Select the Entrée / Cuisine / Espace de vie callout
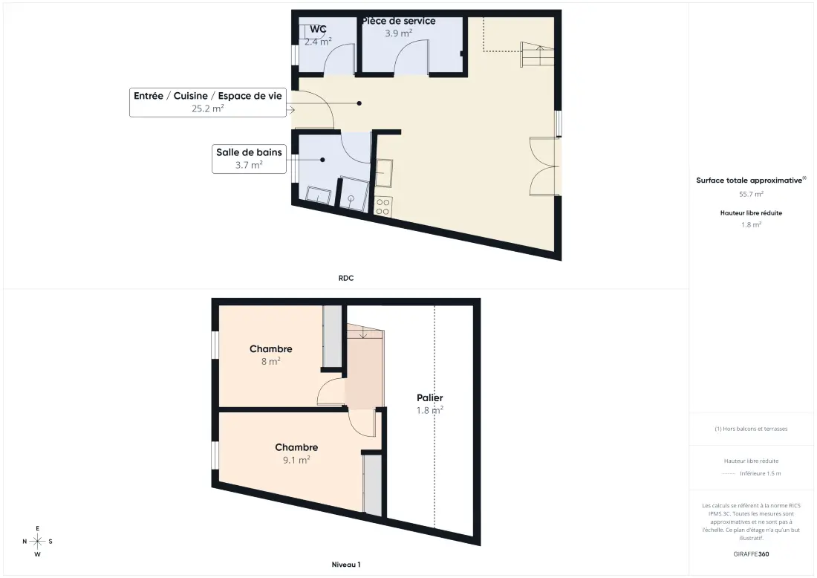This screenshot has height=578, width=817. [x=208, y=103]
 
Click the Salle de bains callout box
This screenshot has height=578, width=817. [x=249, y=158]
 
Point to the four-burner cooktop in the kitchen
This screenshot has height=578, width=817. [x=383, y=207]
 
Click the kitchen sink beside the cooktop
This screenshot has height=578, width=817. [x=384, y=172]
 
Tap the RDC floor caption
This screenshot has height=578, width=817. [x=346, y=279]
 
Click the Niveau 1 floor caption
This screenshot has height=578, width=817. [x=346, y=565]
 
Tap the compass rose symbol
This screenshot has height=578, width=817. [x=38, y=542]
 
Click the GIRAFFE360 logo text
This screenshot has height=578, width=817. [x=751, y=554]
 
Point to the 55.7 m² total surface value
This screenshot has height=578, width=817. [x=751, y=194]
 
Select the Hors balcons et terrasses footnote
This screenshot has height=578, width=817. [x=751, y=429]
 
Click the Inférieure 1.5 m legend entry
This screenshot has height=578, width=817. [x=761, y=473]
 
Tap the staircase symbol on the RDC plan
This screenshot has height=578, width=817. [x=537, y=55]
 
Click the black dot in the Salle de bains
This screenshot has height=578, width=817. [x=322, y=160]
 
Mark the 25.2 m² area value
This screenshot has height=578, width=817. [x=208, y=108]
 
